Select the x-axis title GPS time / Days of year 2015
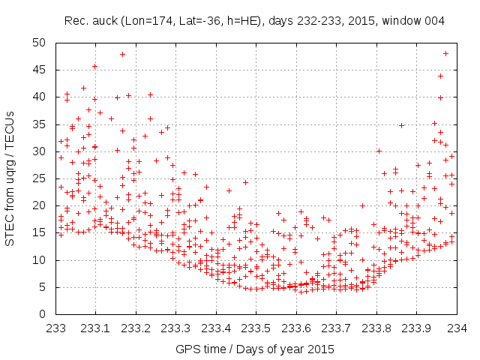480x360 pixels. click(x=255, y=349)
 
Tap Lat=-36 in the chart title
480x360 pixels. click(x=196, y=21)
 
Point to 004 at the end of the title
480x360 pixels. click(x=435, y=21)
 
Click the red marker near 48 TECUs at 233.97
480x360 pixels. click(x=445, y=53)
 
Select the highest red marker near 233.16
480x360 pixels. click(x=122, y=54)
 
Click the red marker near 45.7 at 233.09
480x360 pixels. click(x=94, y=66)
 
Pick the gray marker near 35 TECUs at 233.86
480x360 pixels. click(x=401, y=125)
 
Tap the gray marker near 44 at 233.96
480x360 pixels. click(x=440, y=76)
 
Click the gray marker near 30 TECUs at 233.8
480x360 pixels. click(x=379, y=151)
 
